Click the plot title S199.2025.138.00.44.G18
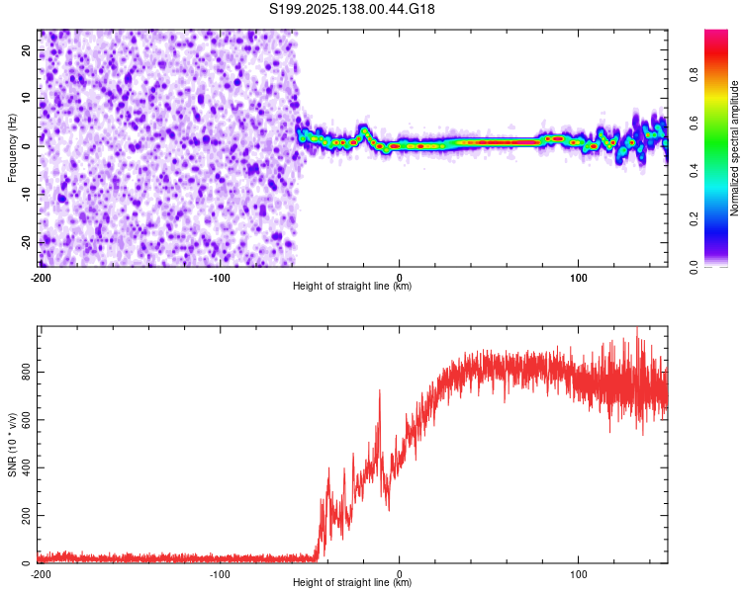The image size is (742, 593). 353,9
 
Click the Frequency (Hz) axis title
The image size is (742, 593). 12,148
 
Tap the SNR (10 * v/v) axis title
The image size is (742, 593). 12,445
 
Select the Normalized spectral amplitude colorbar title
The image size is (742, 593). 735,148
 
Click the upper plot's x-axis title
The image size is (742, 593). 352,286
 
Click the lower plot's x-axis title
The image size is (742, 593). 352,583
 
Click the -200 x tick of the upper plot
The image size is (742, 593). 41,277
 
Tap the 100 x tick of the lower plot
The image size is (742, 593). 579,574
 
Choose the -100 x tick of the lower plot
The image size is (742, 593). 220,574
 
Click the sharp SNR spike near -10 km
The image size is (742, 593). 379,391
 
